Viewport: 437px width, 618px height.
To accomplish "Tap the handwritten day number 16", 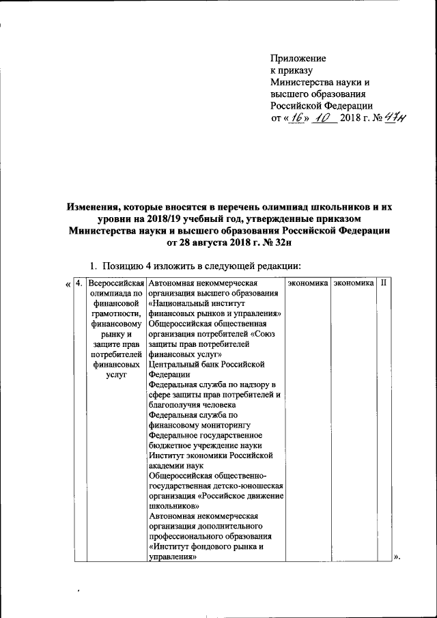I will [296, 119].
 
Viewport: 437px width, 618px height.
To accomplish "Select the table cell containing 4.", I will [79, 283].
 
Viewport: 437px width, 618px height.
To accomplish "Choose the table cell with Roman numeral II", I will [384, 282].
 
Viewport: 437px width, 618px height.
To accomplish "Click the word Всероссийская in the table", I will [116, 283].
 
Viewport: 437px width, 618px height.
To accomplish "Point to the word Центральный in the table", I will [174, 365].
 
